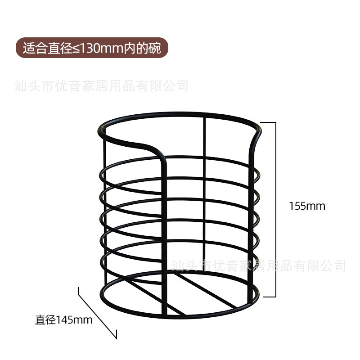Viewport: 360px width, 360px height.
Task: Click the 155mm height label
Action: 307,206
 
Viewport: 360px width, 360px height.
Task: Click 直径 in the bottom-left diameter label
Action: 45,320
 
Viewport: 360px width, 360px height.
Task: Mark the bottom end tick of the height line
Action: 269,297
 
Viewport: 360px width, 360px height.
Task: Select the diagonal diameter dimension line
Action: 97,313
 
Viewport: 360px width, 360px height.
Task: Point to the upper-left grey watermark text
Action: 101,85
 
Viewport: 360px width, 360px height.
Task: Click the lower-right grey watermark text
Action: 259,265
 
